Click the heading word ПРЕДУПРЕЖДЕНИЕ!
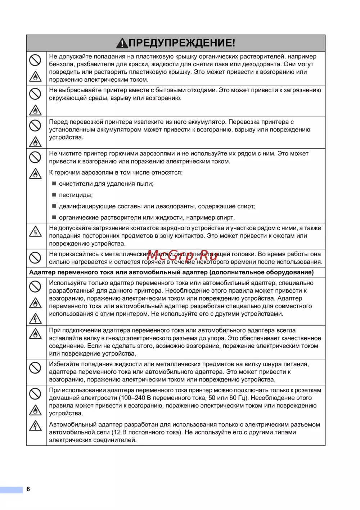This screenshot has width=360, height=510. pyautogui.click(x=182, y=43)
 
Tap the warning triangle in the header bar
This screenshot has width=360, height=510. pyautogui.click(x=122, y=43)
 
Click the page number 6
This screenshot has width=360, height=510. pyautogui.click(x=28, y=489)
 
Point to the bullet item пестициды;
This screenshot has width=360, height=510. pyautogui.click(x=76, y=195)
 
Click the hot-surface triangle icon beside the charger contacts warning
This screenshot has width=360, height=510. pyautogui.click(x=35, y=231)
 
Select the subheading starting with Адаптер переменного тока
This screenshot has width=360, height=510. pyautogui.click(x=171, y=272)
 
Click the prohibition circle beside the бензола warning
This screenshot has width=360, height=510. pyautogui.click(x=35, y=60)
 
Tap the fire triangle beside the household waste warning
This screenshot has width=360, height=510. pyautogui.click(x=35, y=110)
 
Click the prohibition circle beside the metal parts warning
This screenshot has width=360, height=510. pyautogui.click(x=35, y=258)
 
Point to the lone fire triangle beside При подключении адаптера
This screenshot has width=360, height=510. pyautogui.click(x=35, y=334)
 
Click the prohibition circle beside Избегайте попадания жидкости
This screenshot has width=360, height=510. pyautogui.click(x=35, y=367)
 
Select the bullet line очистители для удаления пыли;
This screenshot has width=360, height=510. pyautogui.click(x=106, y=184)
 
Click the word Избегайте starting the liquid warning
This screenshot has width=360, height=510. pyautogui.click(x=63, y=364)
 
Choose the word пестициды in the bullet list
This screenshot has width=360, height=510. pyautogui.click(x=75, y=195)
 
